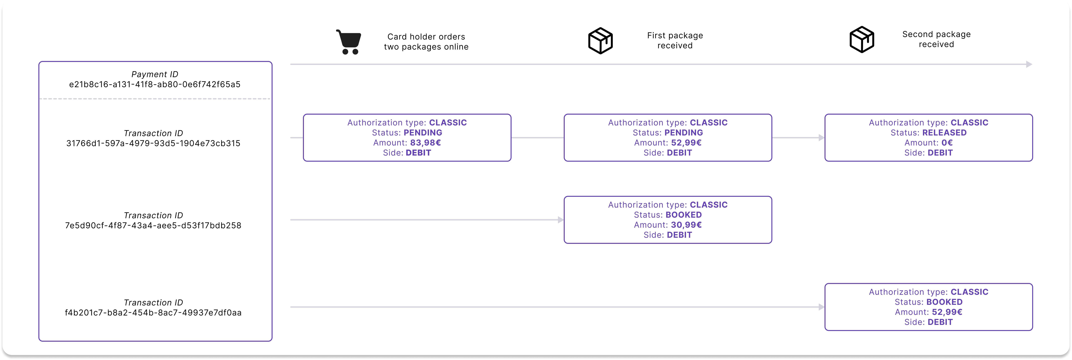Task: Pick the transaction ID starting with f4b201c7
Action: [153, 312]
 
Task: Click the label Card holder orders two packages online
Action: [426, 42]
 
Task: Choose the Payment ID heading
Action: [155, 74]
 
